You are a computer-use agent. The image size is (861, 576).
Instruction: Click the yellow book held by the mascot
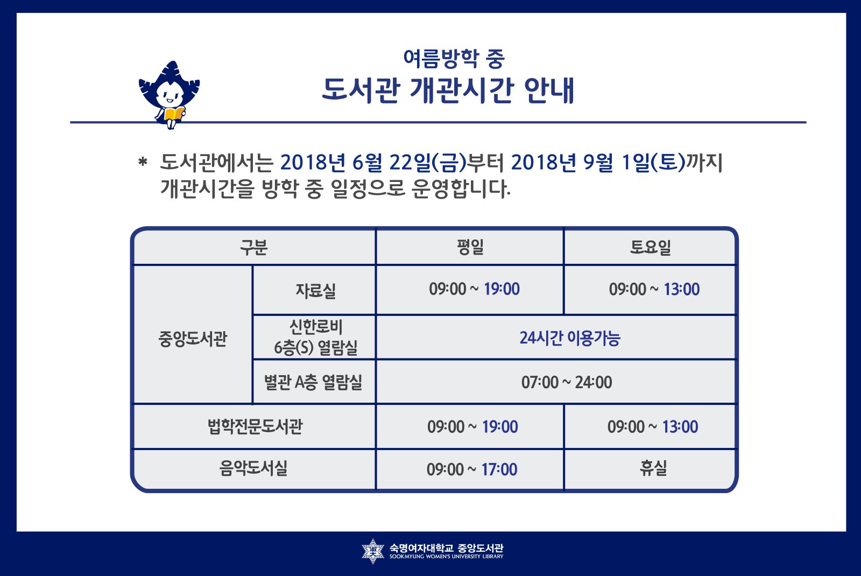click(x=174, y=114)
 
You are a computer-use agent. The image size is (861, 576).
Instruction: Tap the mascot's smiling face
click(x=170, y=94)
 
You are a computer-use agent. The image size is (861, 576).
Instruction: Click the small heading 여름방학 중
click(x=454, y=59)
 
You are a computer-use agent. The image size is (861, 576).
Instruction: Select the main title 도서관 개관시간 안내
click(x=448, y=90)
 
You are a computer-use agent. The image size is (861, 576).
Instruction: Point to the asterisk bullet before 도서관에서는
click(x=143, y=162)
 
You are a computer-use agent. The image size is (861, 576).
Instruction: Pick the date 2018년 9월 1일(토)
click(x=598, y=162)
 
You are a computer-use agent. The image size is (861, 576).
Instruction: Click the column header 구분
click(x=253, y=247)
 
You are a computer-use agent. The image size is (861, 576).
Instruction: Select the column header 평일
click(x=470, y=247)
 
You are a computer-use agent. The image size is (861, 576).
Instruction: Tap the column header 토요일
click(x=651, y=247)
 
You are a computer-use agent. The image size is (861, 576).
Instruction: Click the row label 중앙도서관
click(x=193, y=339)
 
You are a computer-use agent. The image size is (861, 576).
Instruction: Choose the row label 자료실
click(x=315, y=290)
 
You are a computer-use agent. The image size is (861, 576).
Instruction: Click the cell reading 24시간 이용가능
click(x=570, y=338)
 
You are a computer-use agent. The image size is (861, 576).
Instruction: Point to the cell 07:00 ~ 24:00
click(x=567, y=382)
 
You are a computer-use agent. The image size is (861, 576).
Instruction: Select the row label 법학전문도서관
click(x=255, y=426)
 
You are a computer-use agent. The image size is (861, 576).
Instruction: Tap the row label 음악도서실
click(x=253, y=468)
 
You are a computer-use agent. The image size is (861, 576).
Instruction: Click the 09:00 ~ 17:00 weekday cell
click(x=472, y=469)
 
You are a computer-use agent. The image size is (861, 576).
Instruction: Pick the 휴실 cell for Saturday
click(x=653, y=468)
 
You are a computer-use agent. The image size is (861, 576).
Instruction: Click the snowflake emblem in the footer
click(x=372, y=551)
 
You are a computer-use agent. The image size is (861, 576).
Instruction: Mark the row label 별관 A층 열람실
click(x=313, y=382)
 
